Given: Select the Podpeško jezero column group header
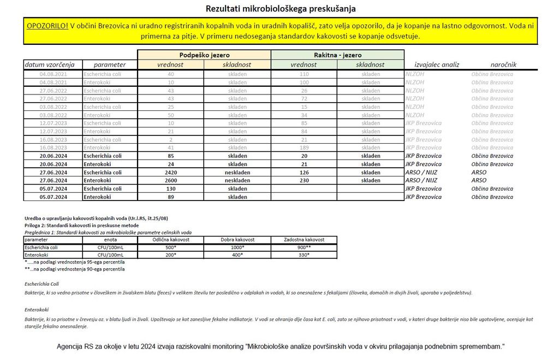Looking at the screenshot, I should point(204,55).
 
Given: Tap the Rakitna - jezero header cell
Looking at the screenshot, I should point(337,55).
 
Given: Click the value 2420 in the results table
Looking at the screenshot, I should point(171,172).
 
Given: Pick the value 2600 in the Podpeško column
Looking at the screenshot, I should point(171,180).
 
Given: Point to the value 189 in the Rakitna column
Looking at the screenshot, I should point(304,147).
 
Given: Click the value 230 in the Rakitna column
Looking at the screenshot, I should point(304,180).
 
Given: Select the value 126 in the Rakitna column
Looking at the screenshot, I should point(304,172).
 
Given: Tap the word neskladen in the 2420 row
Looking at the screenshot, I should point(237,172).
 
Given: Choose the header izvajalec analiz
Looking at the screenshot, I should point(437,64).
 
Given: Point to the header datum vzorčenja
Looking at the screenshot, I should point(53,64).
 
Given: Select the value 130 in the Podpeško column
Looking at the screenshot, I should point(171,188).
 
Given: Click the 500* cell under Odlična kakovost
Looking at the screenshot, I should point(171,247).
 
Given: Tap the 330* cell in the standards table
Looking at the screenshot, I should point(304,255).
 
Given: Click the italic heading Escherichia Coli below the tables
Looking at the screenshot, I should point(42,284).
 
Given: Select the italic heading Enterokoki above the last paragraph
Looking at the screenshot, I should point(37,310).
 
